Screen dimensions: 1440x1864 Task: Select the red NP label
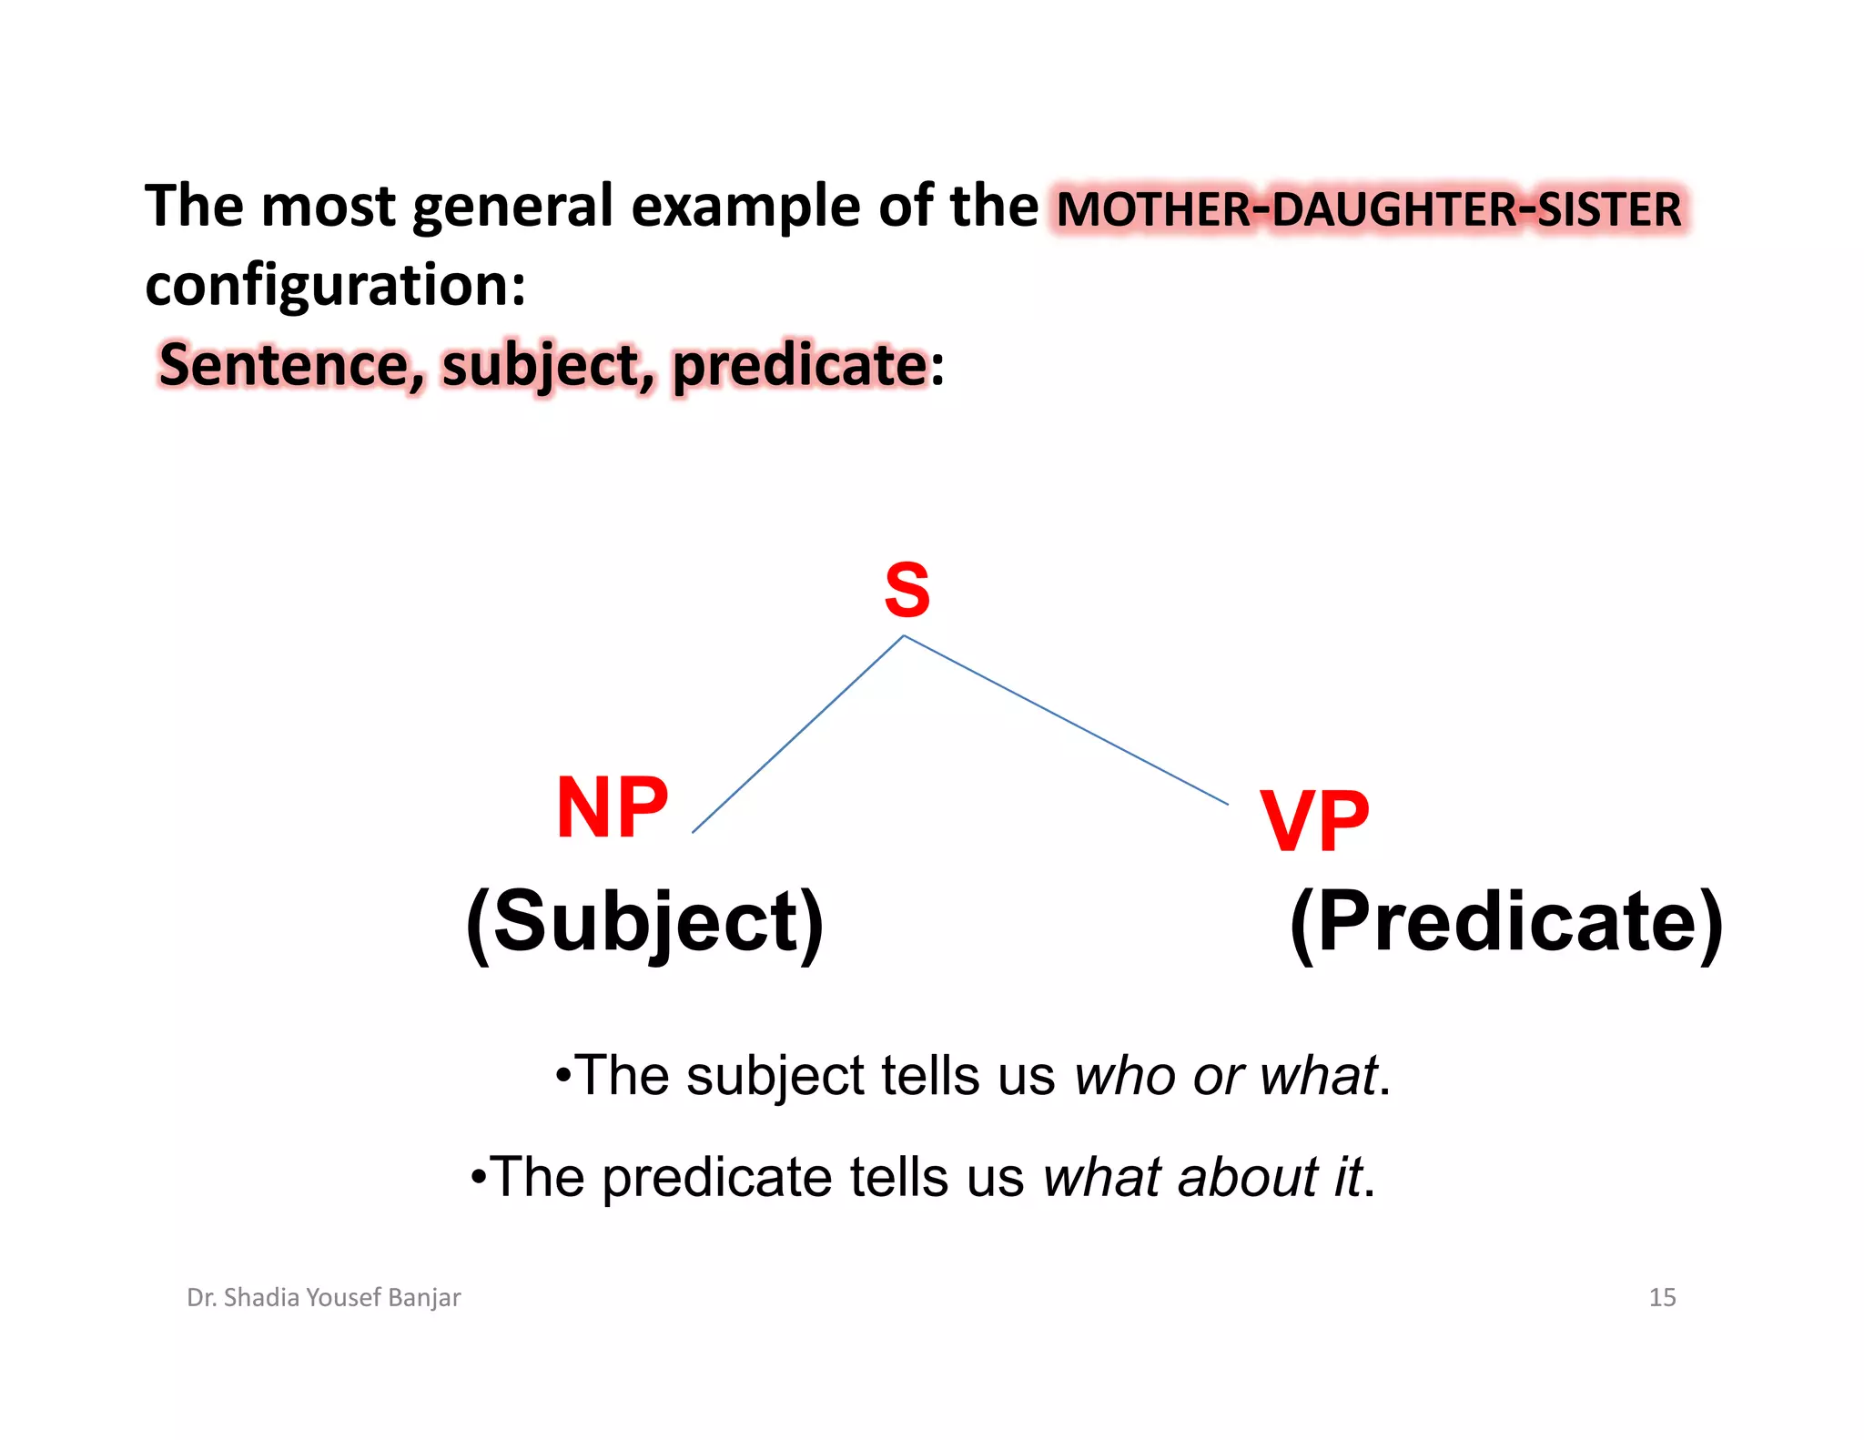coord(612,807)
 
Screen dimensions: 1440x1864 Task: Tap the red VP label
coord(1313,821)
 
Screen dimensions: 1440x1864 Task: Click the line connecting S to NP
coord(797,734)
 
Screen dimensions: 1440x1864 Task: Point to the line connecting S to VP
coord(1065,720)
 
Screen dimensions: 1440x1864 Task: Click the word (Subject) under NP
coord(644,922)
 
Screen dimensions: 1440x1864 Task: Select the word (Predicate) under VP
coord(1506,922)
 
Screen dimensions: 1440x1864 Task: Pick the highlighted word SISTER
coord(1609,208)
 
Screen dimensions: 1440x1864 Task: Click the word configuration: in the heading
coord(335,286)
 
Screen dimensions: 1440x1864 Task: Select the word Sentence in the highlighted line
coord(284,365)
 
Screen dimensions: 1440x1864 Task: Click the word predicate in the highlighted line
coord(799,365)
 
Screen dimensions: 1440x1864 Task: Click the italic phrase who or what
coord(1226,1076)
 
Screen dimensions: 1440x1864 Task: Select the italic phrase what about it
coord(1202,1177)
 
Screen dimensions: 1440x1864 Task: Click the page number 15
coord(1662,1297)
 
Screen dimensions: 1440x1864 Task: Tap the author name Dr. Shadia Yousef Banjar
coord(323,1297)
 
